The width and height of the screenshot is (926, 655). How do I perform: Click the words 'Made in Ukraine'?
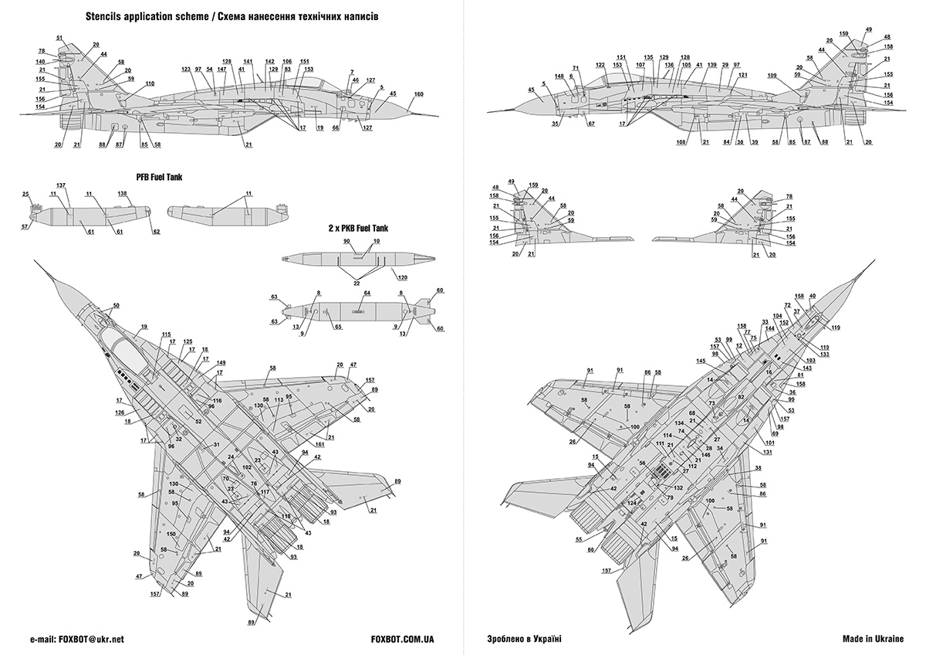coord(871,640)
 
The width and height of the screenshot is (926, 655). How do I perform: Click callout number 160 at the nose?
coord(418,95)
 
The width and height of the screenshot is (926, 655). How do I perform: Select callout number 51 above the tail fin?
coord(59,38)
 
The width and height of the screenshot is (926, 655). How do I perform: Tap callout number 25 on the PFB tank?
coord(25,194)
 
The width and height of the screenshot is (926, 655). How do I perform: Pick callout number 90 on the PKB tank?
coord(346,243)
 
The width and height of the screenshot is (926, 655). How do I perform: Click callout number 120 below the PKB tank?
coord(403,276)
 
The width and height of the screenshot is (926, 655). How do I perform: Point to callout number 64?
coord(367,294)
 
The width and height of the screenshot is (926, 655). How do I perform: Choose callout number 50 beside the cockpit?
coord(116,306)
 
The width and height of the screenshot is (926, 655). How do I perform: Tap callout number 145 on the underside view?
coord(700,361)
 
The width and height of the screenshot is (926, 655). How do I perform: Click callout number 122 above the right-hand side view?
coord(600,65)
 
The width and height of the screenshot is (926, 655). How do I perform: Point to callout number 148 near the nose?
coord(558,76)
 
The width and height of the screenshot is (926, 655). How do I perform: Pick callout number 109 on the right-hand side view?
coord(772,76)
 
